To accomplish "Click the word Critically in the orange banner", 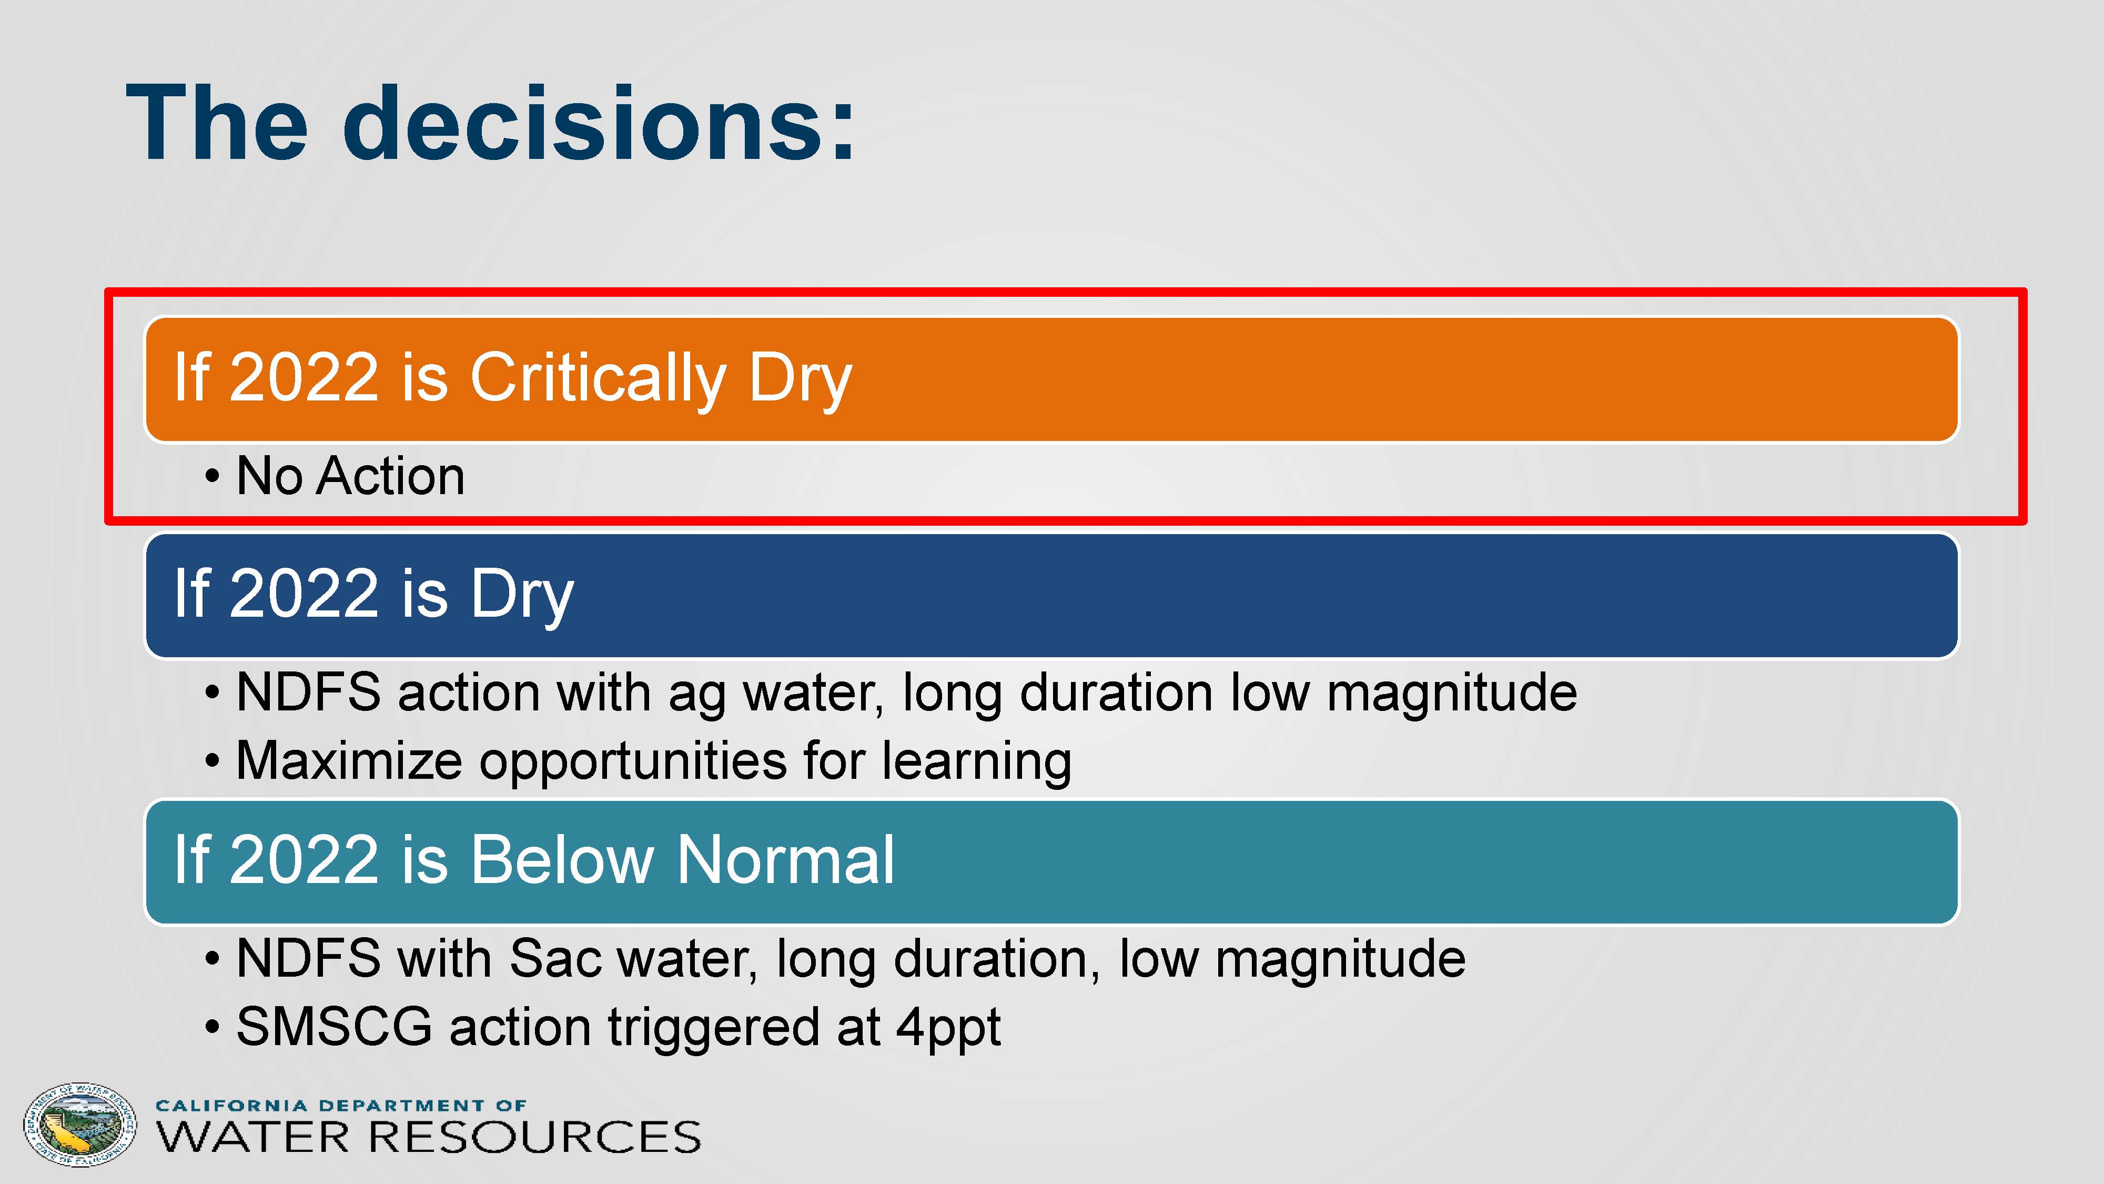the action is pyautogui.click(x=598, y=379).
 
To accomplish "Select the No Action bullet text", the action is pyautogui.click(x=350, y=476).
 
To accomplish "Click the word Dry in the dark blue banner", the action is pyautogui.click(x=522, y=595).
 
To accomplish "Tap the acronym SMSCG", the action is pyautogui.click(x=334, y=1026).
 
